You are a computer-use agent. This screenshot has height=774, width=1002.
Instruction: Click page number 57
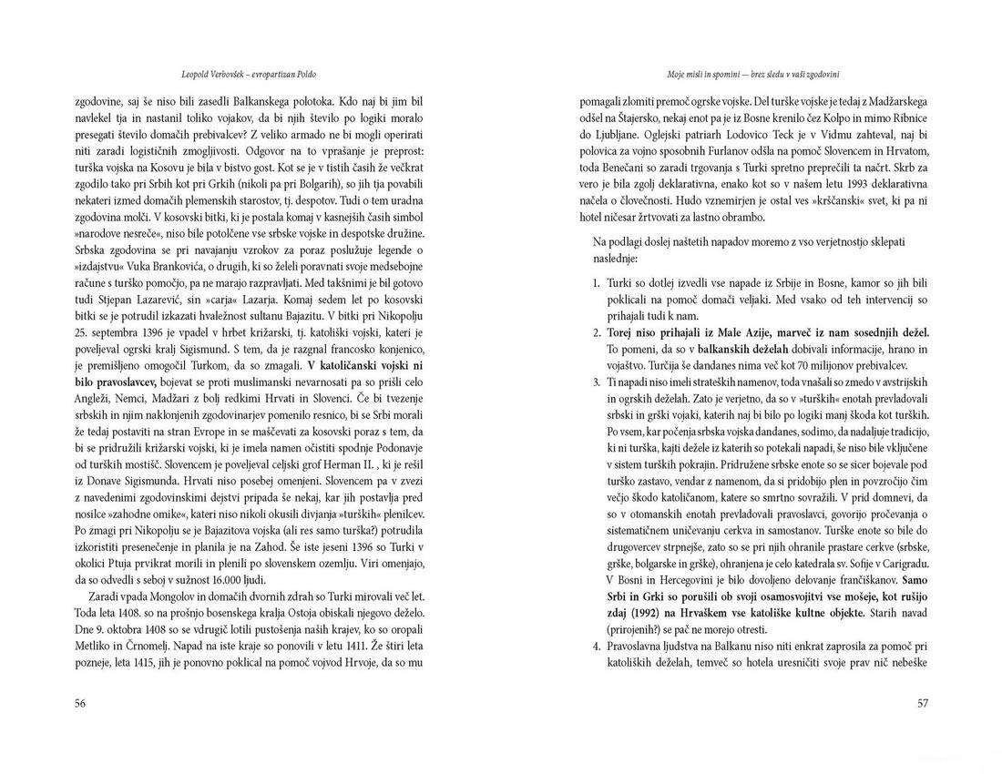(x=923, y=702)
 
